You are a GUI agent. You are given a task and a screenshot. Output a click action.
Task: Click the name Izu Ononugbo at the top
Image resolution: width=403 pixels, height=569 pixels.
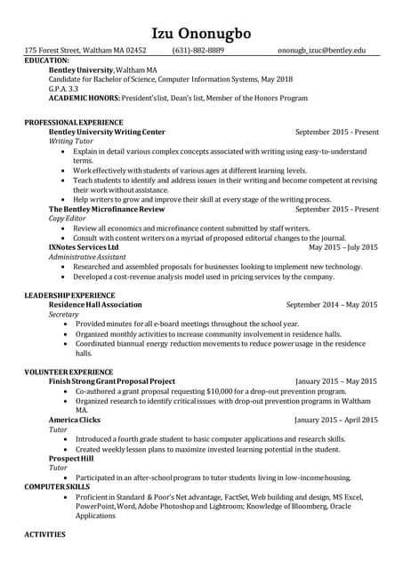tap(201, 33)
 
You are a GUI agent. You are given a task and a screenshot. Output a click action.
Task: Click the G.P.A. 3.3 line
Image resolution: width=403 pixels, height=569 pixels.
tap(63, 90)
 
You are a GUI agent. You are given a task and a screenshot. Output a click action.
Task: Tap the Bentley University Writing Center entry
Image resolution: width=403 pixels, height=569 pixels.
tap(106, 131)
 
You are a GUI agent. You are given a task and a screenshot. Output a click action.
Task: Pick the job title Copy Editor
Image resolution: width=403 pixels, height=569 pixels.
tap(68, 218)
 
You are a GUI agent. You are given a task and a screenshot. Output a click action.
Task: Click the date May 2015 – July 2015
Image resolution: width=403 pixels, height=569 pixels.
tap(343, 247)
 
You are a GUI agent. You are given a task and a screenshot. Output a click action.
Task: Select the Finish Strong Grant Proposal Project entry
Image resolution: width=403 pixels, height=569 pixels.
tap(112, 381)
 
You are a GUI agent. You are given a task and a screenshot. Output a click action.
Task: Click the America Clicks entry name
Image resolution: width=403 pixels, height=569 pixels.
tap(75, 420)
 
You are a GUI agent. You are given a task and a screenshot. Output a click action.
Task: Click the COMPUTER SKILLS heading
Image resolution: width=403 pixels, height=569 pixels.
tap(57, 487)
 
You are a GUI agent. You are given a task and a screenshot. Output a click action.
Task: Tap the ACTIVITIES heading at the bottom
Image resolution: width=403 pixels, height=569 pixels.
tap(44, 535)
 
